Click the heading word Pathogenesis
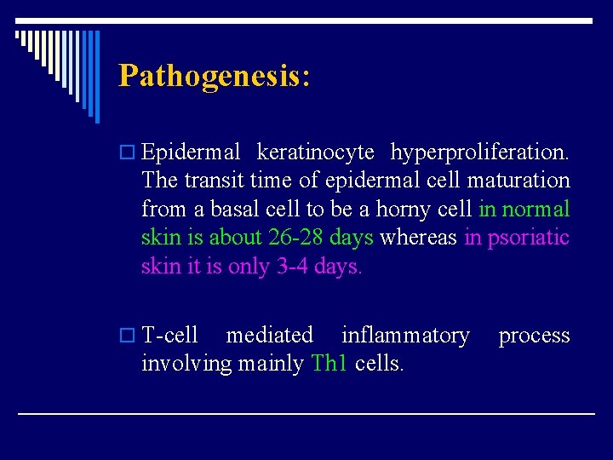[x=213, y=76]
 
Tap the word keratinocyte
[x=315, y=152]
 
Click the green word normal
[x=536, y=209]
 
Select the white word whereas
[x=418, y=237]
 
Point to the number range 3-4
[x=292, y=266]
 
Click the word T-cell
[x=170, y=336]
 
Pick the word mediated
[x=269, y=336]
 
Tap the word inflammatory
[x=404, y=336]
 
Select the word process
[x=534, y=336]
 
